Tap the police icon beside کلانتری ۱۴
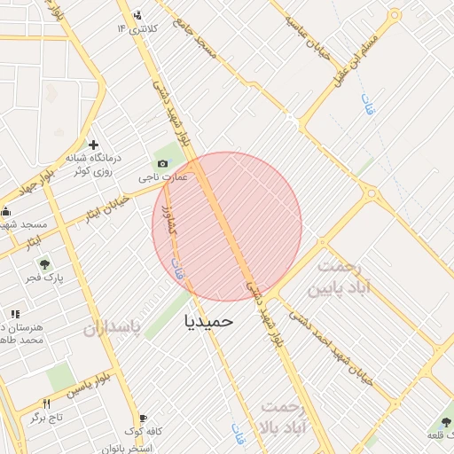136,15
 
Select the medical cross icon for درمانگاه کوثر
93,145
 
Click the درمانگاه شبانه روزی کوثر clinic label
92,163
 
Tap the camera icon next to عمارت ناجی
162,164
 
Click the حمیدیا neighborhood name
208,321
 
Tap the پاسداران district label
113,329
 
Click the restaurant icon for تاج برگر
36,416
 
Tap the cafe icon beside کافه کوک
143,417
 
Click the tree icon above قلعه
444,422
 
